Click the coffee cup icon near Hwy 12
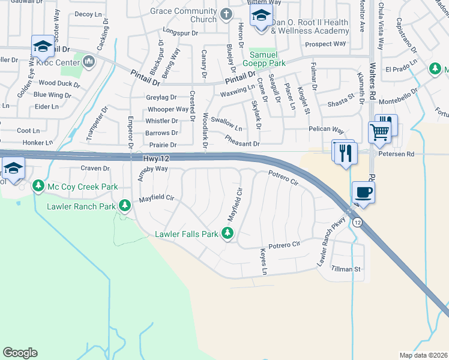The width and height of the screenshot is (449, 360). (363, 193)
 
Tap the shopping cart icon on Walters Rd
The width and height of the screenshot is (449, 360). (379, 133)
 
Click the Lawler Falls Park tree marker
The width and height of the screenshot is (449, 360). (228, 233)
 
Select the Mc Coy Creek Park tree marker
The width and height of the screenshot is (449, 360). (39, 187)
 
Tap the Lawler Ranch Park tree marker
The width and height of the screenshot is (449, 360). (125, 206)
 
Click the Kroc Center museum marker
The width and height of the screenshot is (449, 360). (89, 61)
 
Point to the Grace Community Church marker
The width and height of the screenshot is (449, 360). (226, 14)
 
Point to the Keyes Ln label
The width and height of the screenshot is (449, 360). (264, 262)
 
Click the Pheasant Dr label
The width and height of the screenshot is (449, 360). (242, 140)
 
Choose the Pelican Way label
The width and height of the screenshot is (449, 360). (326, 130)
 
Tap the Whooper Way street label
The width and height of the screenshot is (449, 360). (168, 109)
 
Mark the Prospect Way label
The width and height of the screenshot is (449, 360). (325, 44)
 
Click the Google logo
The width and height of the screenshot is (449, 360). (20, 352)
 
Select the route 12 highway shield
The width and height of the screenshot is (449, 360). (357, 223)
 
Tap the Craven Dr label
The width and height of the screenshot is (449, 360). (94, 169)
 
